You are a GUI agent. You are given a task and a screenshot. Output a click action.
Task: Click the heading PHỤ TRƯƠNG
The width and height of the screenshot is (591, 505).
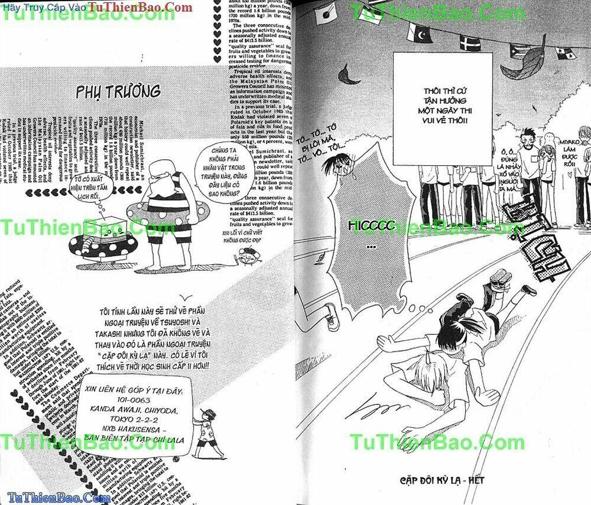coord(118,92)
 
